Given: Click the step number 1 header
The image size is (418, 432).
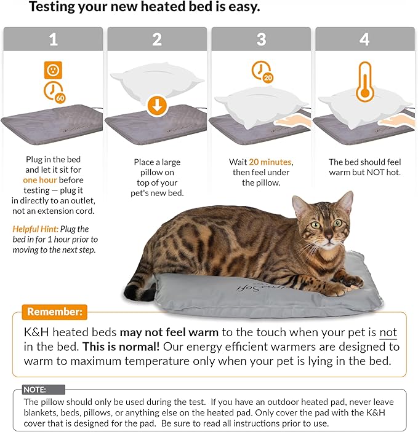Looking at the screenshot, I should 52,39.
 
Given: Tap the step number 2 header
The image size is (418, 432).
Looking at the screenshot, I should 156,39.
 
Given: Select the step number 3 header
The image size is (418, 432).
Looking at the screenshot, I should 261,39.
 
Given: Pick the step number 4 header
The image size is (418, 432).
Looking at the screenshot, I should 365,39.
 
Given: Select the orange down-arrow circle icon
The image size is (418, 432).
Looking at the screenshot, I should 157,105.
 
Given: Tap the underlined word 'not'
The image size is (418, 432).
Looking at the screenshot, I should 388,332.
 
